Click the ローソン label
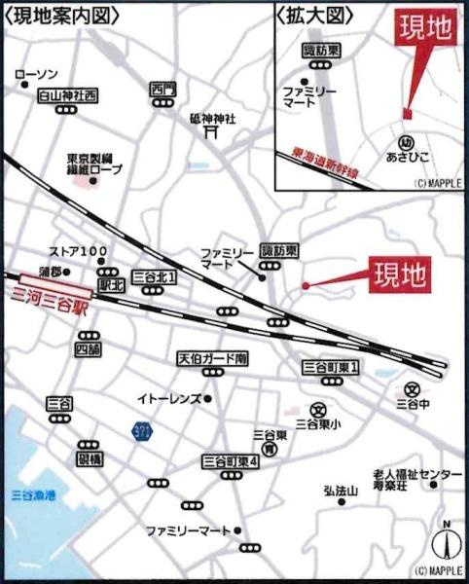(38, 75)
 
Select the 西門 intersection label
(163, 91)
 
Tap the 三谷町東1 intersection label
(331, 367)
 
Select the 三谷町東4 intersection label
(230, 460)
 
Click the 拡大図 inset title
(314, 16)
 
